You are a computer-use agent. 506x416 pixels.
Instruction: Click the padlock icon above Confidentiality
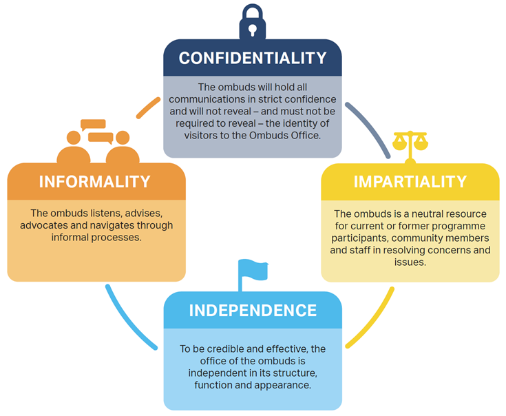[253, 23]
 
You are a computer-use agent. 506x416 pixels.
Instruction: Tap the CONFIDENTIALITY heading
[253, 58]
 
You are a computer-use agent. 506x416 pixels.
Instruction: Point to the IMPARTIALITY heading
[410, 182]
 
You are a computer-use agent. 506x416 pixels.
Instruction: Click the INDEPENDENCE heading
[253, 310]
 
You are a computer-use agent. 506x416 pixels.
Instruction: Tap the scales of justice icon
[410, 145]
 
